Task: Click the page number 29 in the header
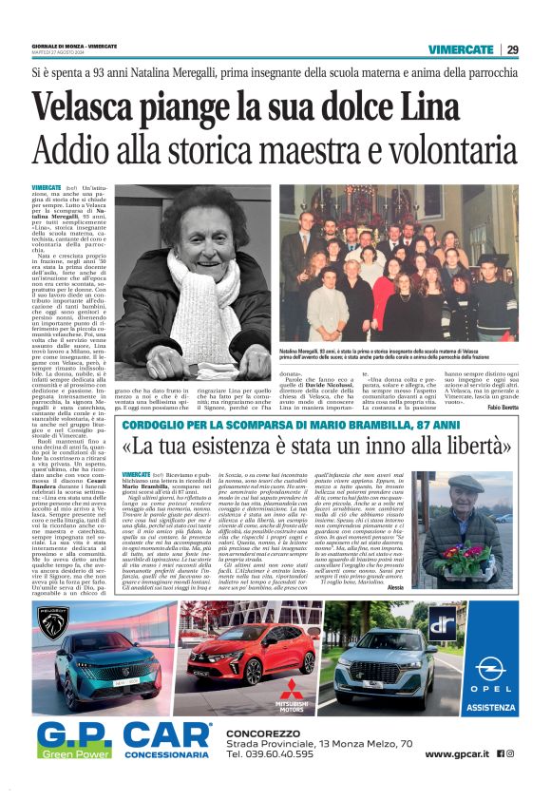(x=512, y=49)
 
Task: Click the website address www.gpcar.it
(x=457, y=753)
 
